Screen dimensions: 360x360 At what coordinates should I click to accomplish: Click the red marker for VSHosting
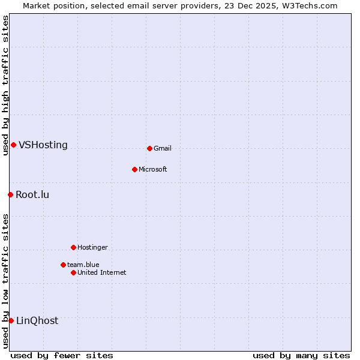(x=13, y=145)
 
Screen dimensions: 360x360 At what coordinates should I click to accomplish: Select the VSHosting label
(x=43, y=145)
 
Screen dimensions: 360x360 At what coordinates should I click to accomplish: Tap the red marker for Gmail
(x=149, y=148)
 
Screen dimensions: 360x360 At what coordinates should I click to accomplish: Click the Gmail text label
(x=163, y=149)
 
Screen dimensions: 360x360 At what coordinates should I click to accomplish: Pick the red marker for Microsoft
(x=134, y=169)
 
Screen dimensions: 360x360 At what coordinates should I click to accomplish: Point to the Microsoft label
(x=152, y=170)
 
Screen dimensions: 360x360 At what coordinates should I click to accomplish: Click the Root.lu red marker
(x=10, y=194)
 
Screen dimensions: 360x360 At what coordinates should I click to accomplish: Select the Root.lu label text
(x=32, y=195)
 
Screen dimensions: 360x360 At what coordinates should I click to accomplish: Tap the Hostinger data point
(x=73, y=247)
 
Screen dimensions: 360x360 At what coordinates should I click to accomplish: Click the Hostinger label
(x=92, y=248)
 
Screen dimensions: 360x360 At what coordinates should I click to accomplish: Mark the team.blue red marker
(x=63, y=265)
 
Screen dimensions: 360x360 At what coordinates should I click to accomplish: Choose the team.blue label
(x=83, y=265)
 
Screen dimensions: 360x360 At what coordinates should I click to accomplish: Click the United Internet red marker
(x=73, y=272)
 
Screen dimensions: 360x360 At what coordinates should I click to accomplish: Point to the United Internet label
(x=101, y=273)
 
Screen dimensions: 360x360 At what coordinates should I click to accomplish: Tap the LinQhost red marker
(x=11, y=320)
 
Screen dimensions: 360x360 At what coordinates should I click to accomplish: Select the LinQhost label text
(x=37, y=321)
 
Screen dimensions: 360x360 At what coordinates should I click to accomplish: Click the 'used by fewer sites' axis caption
(x=62, y=355)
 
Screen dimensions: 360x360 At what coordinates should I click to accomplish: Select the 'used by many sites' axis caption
(x=301, y=355)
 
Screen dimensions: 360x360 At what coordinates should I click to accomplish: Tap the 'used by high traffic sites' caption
(x=5, y=85)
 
